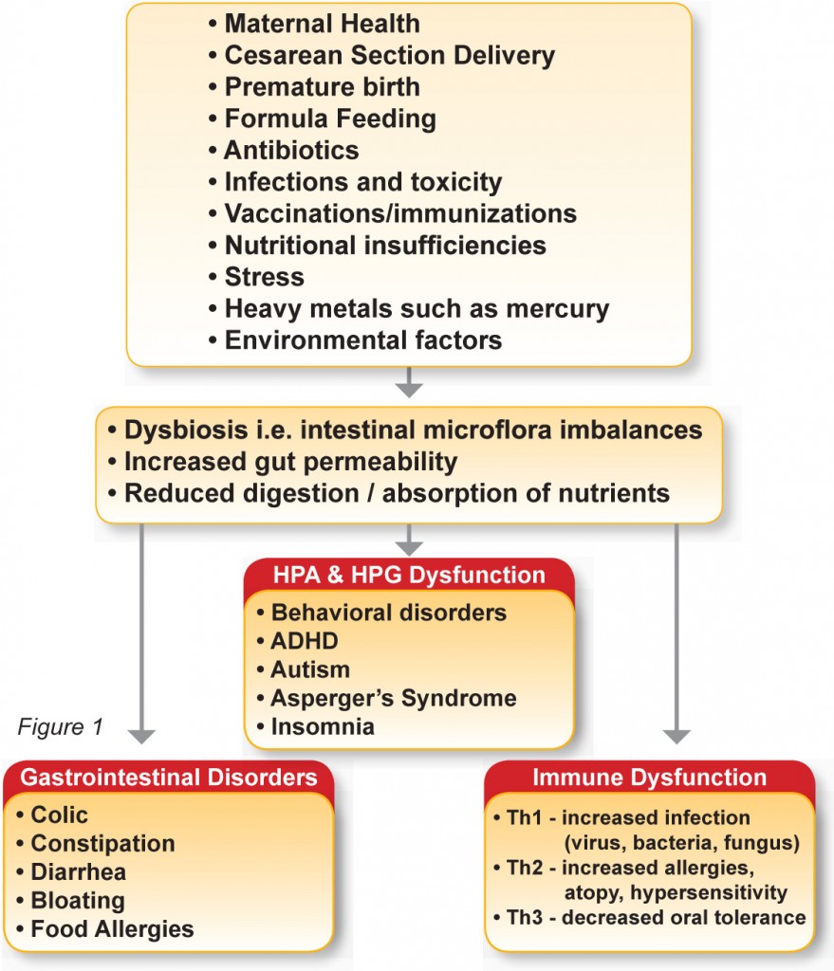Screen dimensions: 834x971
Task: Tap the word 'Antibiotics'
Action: (292, 150)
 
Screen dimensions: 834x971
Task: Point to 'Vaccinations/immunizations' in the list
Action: (401, 213)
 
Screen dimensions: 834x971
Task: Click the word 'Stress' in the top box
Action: (265, 277)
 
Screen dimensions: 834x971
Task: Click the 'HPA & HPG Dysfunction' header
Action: (409, 575)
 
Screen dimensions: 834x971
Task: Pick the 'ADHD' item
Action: (305, 641)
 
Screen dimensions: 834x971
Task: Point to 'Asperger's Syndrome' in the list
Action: (394, 698)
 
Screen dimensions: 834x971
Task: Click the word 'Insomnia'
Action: (323, 726)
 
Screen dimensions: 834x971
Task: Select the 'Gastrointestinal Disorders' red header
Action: (169, 778)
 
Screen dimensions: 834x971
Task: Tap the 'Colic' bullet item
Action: (60, 815)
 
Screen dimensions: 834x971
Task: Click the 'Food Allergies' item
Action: (112, 929)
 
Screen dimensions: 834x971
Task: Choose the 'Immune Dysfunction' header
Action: (649, 778)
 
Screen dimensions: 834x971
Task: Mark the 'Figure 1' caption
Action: (60, 726)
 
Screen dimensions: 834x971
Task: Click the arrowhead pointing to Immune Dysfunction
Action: (676, 736)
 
